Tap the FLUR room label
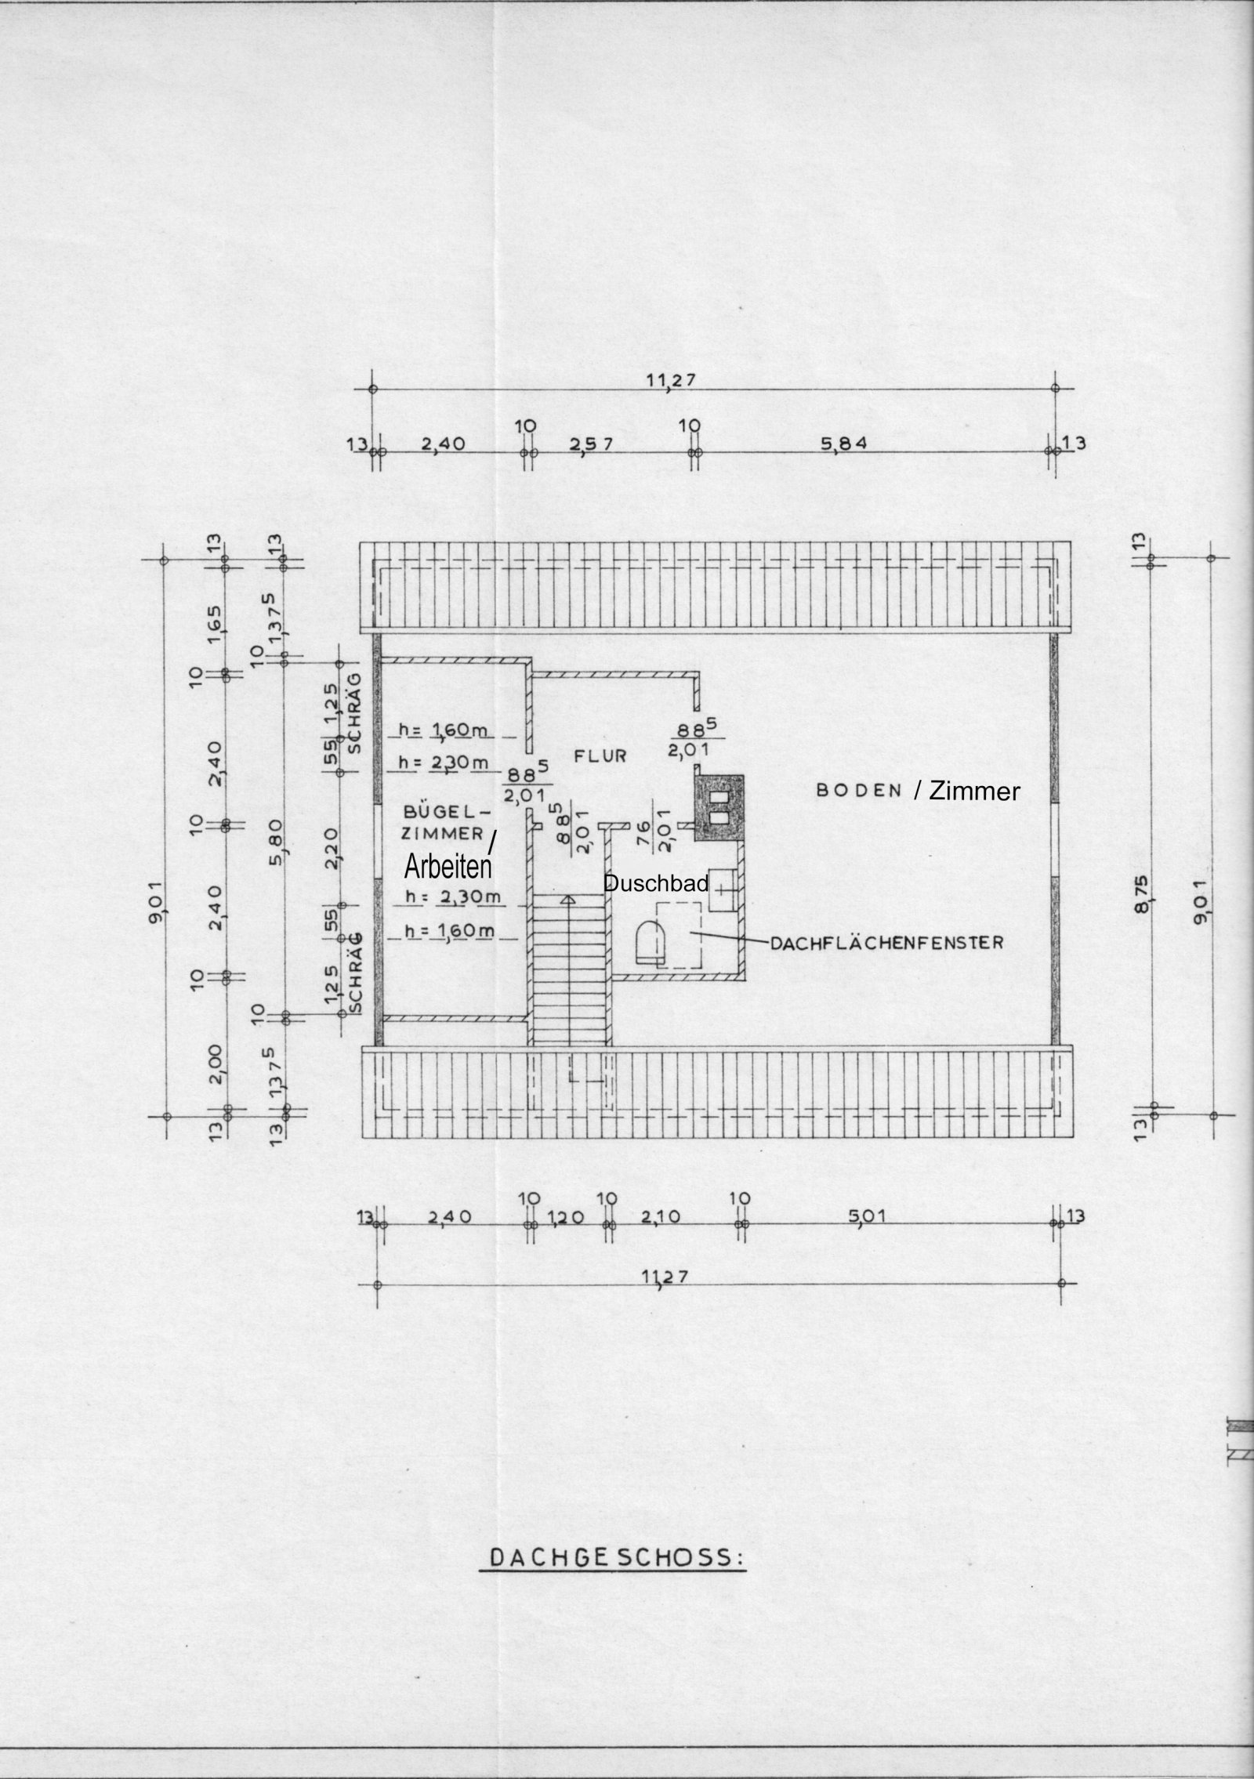(x=601, y=756)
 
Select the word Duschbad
(x=655, y=884)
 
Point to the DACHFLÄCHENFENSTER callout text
(x=886, y=943)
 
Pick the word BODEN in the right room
(x=860, y=790)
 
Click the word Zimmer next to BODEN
(x=974, y=792)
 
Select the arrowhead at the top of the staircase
(x=568, y=899)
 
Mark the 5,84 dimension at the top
(x=843, y=444)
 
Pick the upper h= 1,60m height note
(x=444, y=730)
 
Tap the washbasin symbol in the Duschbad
(x=721, y=890)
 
